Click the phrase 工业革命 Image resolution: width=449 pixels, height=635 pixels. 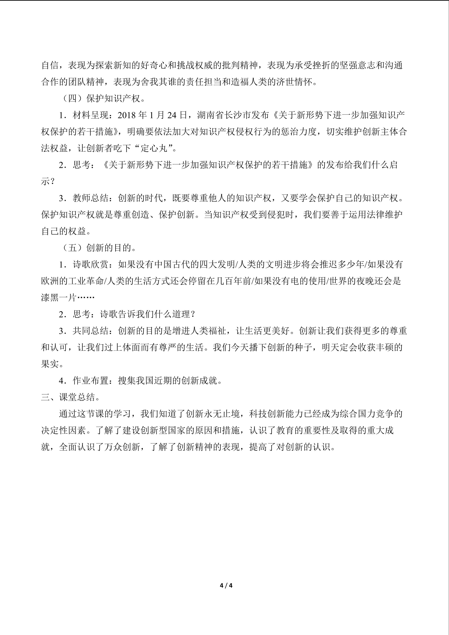tap(86, 281)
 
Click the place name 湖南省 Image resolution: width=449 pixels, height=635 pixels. tap(210, 115)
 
